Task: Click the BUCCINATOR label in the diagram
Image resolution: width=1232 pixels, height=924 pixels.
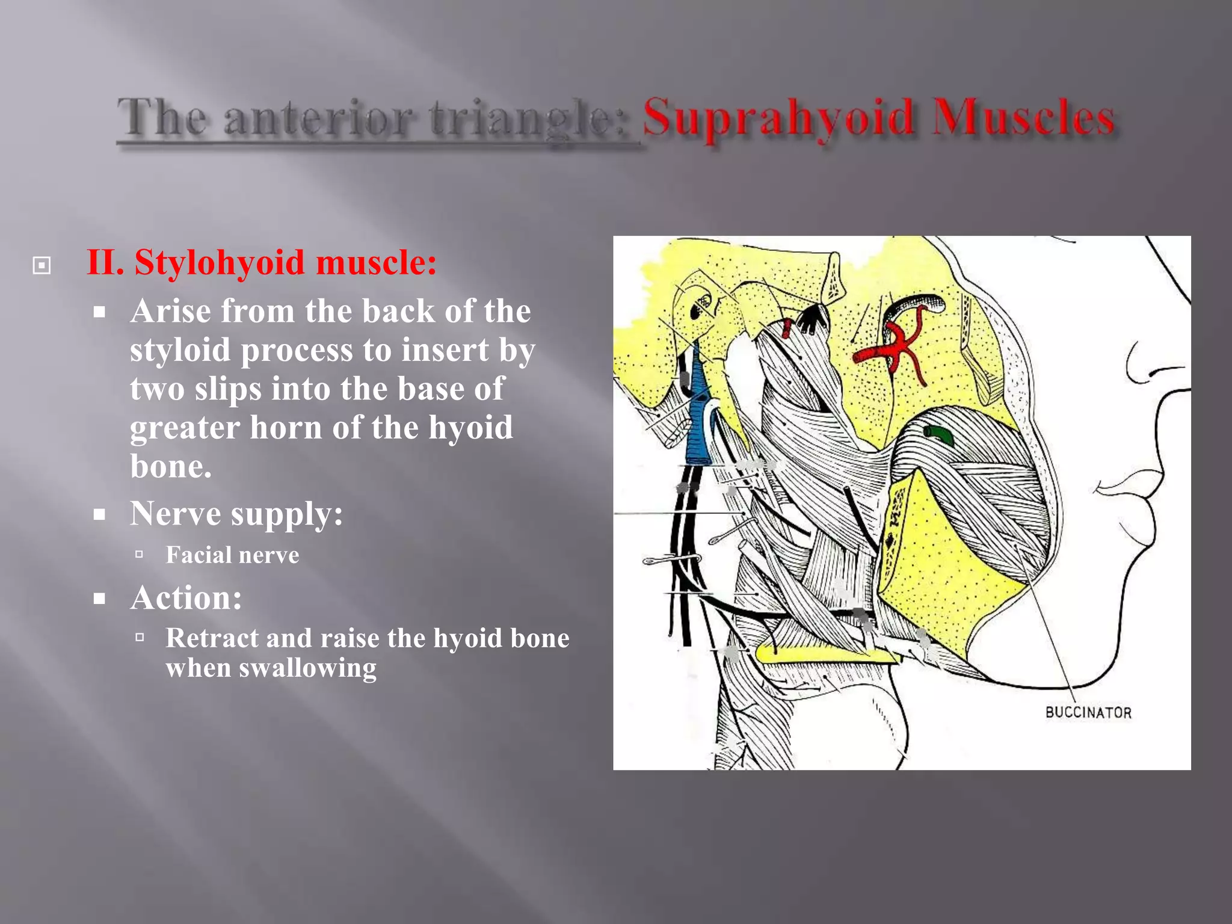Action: pyautogui.click(x=1088, y=713)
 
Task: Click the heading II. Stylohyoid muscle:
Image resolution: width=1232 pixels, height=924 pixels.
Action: pyautogui.click(x=262, y=263)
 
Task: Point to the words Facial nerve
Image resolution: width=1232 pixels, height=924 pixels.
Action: pyautogui.click(x=232, y=555)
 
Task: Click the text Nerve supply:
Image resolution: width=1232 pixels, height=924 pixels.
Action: pyautogui.click(x=236, y=514)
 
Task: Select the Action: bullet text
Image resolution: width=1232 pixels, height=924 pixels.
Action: pyautogui.click(x=186, y=598)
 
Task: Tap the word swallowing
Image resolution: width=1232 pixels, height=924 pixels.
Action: pyautogui.click(x=307, y=668)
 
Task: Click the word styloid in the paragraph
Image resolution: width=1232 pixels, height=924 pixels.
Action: pyautogui.click(x=180, y=350)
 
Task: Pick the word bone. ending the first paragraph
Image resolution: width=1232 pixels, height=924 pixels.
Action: pyautogui.click(x=171, y=466)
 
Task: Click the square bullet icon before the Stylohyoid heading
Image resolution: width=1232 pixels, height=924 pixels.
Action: pyautogui.click(x=42, y=265)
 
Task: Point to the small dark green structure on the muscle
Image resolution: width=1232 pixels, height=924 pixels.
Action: pyautogui.click(x=938, y=433)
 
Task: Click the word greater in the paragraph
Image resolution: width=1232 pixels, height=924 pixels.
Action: pyautogui.click(x=185, y=428)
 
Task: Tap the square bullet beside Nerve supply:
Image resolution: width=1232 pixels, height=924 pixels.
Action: pyautogui.click(x=100, y=514)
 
